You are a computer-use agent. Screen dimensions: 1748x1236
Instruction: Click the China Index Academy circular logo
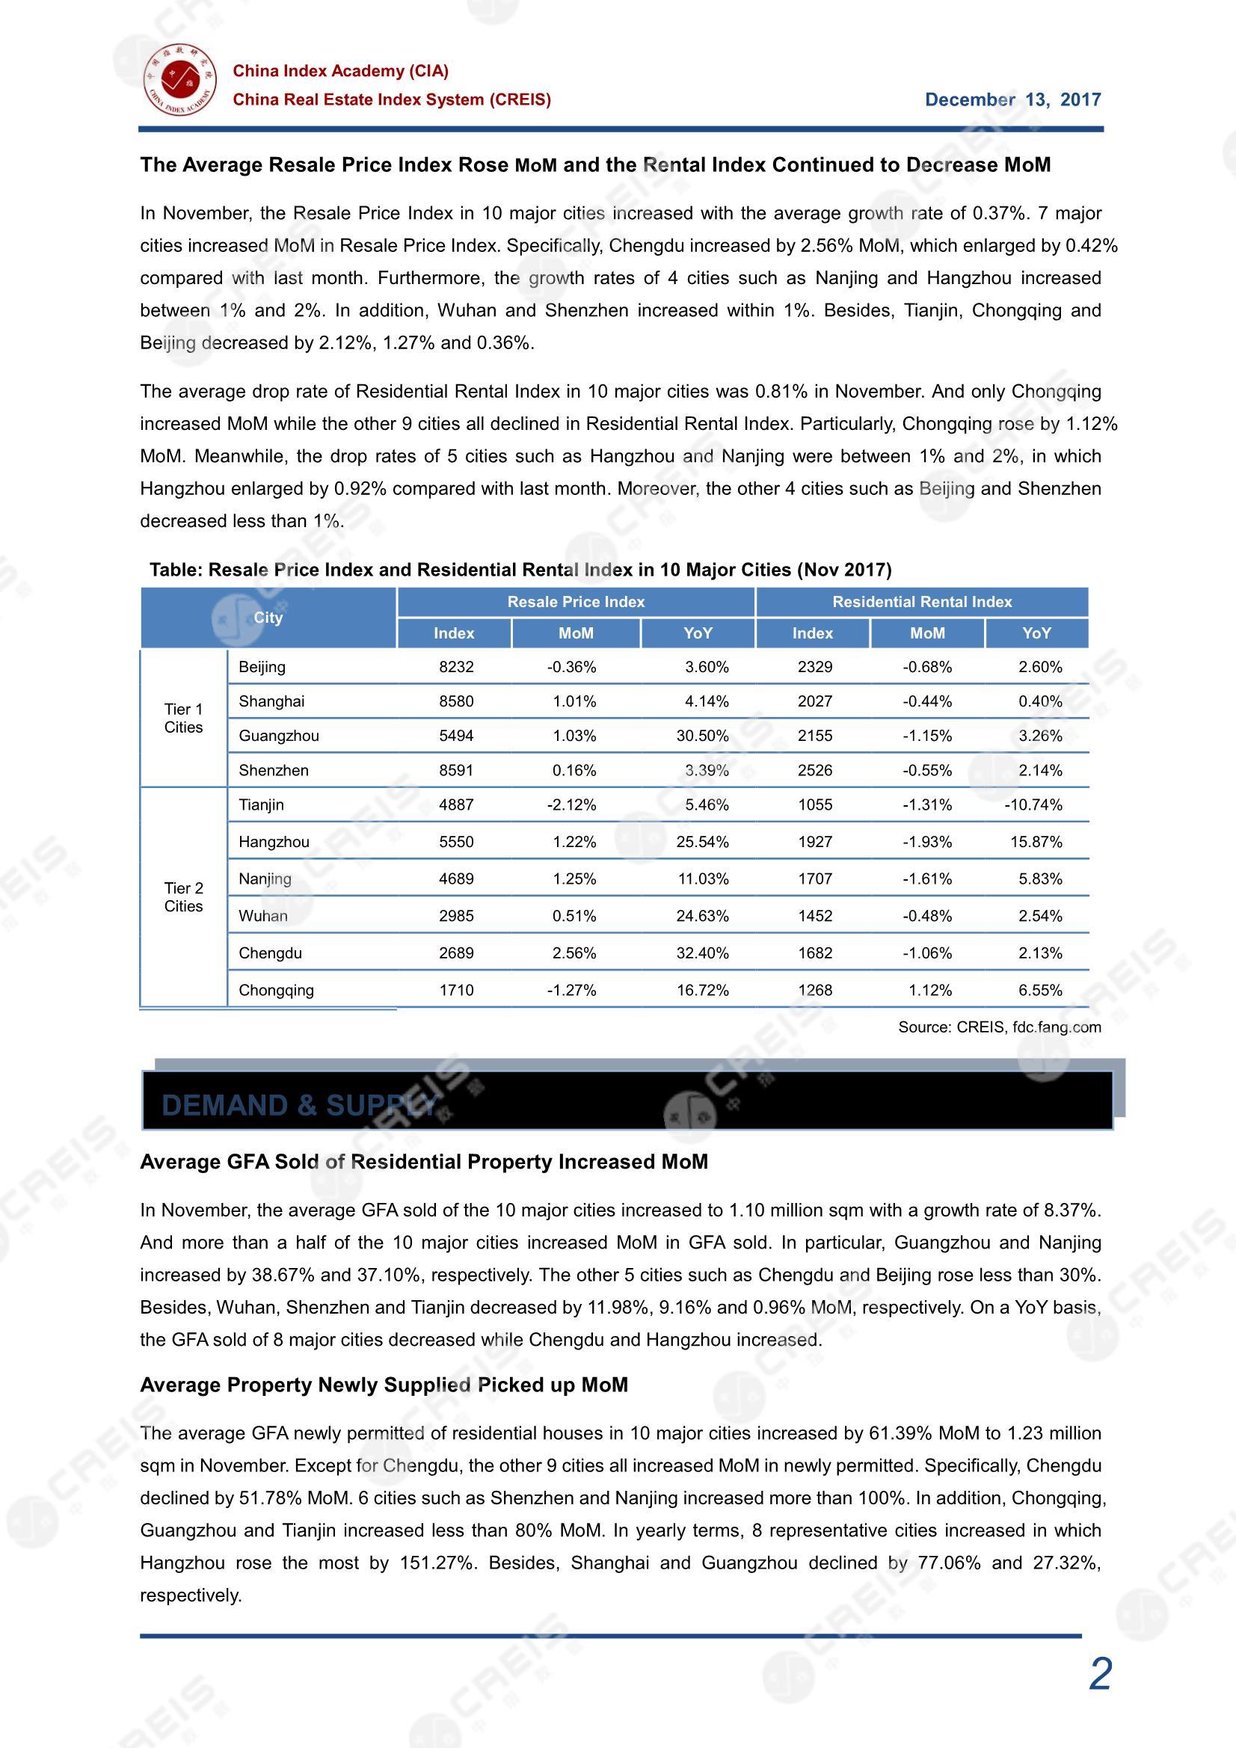point(180,80)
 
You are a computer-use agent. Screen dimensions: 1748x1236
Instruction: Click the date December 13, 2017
point(1012,99)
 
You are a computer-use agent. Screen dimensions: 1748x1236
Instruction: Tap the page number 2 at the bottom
point(1100,1674)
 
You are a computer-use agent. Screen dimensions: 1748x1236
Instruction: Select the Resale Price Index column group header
point(576,602)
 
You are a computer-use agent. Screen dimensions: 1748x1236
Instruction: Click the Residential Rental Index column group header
point(921,602)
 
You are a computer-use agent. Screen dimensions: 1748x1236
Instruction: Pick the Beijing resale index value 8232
point(456,668)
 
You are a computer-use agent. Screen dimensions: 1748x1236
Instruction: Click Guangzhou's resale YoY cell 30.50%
point(702,736)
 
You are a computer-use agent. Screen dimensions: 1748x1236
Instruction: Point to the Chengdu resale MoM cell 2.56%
point(574,953)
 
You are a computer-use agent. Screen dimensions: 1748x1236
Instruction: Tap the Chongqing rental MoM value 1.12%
point(930,991)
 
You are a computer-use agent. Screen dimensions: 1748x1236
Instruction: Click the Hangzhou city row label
point(274,842)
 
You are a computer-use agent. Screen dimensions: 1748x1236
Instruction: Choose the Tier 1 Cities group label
point(183,718)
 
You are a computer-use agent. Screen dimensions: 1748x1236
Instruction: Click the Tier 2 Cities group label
point(183,897)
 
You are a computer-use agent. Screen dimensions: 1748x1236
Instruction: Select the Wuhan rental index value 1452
point(815,916)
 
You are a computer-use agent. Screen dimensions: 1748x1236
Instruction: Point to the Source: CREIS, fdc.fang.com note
point(999,1027)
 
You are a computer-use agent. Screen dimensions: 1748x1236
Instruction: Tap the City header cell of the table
point(268,618)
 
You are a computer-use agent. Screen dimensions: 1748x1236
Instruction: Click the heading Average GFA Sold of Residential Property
point(423,1162)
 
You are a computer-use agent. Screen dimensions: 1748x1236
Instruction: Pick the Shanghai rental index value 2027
point(815,702)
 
